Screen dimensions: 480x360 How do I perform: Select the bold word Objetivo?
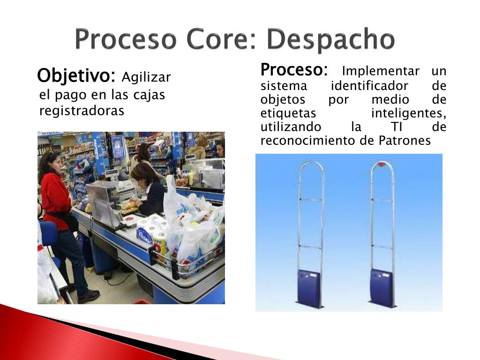pos(76,75)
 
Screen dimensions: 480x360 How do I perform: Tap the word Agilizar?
pos(146,78)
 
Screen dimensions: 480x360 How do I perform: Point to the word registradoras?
pos(82,111)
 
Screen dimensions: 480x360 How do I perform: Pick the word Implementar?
pos(381,71)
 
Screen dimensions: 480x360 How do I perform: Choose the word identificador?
pos(369,86)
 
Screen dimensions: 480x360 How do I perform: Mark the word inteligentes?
pos(409,113)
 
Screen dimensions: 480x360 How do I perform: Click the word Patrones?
pos(405,141)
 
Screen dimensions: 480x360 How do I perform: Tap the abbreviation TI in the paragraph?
pos(397,127)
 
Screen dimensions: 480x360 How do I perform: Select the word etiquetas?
pos(288,113)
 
